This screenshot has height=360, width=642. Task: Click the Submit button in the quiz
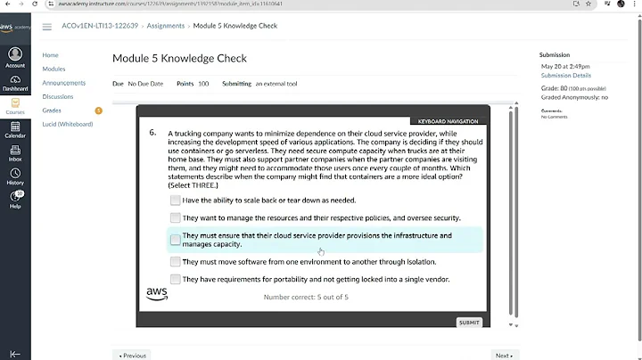click(469, 323)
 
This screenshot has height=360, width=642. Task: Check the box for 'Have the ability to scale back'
click(176, 200)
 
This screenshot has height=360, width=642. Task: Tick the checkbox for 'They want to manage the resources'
click(176, 217)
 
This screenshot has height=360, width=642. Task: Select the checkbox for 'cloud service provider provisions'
click(176, 240)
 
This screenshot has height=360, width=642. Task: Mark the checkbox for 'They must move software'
click(176, 262)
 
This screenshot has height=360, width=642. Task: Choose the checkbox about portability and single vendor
click(176, 279)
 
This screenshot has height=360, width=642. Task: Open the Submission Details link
click(565, 76)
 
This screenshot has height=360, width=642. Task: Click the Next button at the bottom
click(504, 355)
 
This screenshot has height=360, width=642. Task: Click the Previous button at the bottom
click(132, 355)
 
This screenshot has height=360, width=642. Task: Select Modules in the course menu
click(54, 69)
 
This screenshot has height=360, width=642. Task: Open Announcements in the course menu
click(64, 83)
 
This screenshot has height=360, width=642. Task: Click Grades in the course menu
click(53, 110)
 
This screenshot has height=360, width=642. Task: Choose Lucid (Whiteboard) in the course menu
click(68, 124)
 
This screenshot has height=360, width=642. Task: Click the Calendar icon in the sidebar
click(15, 129)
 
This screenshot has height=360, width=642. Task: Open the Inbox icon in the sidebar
click(15, 153)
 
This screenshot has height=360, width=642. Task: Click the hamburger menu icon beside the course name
click(46, 27)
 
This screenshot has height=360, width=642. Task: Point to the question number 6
click(152, 133)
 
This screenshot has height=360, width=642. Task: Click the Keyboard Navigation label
click(449, 121)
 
